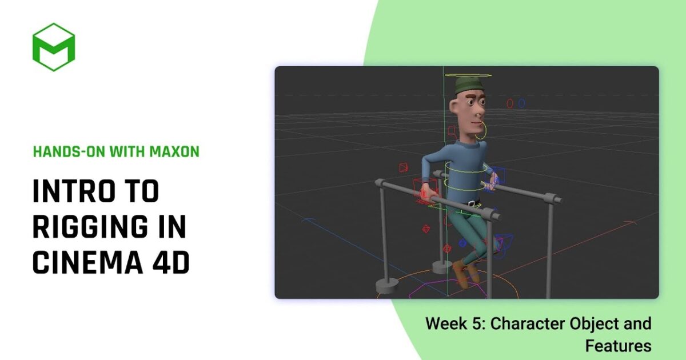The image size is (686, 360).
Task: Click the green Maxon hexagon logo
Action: [x=54, y=47]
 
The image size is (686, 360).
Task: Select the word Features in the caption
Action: [x=618, y=346]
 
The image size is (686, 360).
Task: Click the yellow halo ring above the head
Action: [x=468, y=75]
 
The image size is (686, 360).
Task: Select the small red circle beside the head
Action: [x=510, y=103]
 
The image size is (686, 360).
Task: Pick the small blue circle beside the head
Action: [x=521, y=103]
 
